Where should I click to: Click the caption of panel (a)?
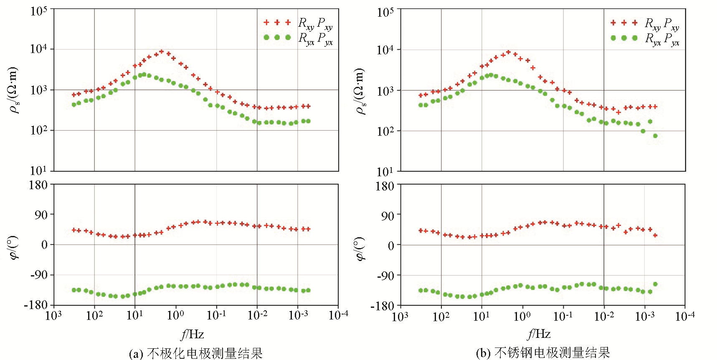(196, 353)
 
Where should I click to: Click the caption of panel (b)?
(543, 353)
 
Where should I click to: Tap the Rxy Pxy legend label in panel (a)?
(315, 23)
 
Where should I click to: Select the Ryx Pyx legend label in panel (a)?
(315, 39)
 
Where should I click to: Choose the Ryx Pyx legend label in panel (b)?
(662, 39)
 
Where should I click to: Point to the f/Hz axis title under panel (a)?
(193, 334)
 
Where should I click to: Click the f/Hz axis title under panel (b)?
(539, 334)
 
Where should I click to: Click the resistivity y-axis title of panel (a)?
(14, 90)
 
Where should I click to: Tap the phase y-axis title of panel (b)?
(360, 249)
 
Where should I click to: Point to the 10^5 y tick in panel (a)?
(39, 11)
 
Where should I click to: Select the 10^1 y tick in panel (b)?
(385, 171)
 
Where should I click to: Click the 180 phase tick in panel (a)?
(38, 185)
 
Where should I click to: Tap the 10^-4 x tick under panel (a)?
(338, 315)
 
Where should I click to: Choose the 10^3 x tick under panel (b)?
(400, 317)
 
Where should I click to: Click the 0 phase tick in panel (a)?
(44, 245)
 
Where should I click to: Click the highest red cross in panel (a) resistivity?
(162, 51)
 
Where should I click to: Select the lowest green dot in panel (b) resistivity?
(655, 136)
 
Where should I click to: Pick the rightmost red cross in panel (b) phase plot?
(655, 236)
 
